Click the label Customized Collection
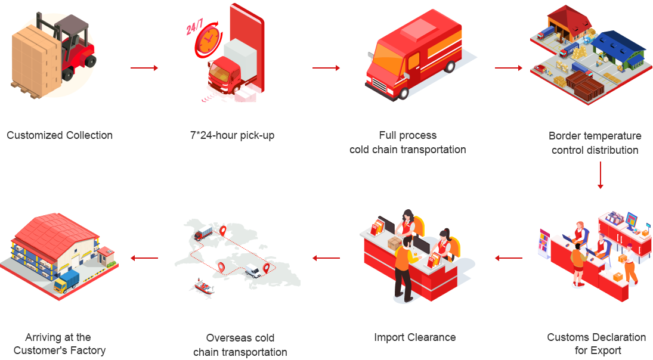(x=60, y=135)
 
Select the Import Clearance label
(x=415, y=337)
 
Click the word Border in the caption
(x=564, y=136)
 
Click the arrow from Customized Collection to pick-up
(x=144, y=68)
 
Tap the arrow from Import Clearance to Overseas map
(x=326, y=258)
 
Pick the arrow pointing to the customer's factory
(x=144, y=258)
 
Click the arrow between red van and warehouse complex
(x=509, y=68)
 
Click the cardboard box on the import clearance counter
(x=394, y=243)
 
